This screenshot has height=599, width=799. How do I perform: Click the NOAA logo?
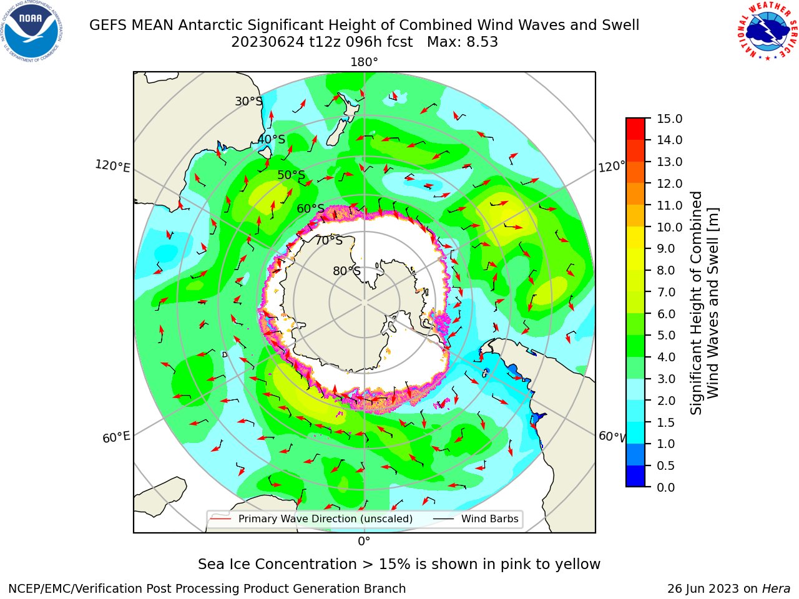tap(32, 32)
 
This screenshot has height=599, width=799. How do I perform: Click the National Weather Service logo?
tap(767, 31)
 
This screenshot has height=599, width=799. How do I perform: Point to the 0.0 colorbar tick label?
tap(666, 487)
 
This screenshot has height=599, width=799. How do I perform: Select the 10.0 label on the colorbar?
tap(669, 227)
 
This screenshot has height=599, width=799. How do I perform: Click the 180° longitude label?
tap(364, 62)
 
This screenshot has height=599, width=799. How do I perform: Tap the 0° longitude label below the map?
tap(364, 542)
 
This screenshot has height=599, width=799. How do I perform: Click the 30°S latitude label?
tap(248, 101)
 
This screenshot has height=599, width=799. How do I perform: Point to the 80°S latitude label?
tap(346, 271)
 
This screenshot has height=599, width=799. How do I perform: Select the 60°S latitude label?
tap(310, 208)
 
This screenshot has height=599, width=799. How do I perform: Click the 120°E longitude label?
tap(112, 166)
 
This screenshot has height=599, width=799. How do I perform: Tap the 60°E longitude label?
tap(116, 437)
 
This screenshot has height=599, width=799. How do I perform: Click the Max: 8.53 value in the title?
tap(463, 42)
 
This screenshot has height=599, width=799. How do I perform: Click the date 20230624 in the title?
tap(268, 42)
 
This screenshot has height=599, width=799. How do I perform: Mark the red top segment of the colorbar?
tap(635, 129)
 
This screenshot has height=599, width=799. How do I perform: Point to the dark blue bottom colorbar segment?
tap(635, 476)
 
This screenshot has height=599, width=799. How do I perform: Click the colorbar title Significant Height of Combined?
tap(696, 303)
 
